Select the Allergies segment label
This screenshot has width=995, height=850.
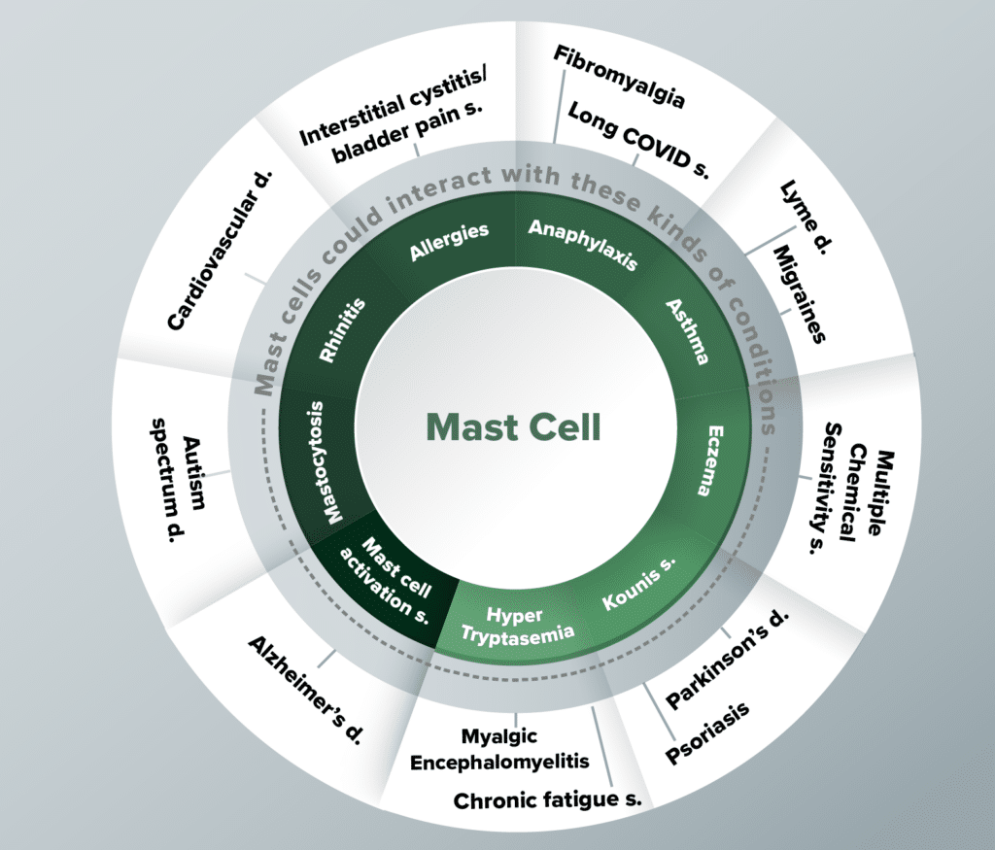449,240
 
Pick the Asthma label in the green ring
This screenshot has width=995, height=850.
687,331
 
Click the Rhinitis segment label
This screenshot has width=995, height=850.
340,332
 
